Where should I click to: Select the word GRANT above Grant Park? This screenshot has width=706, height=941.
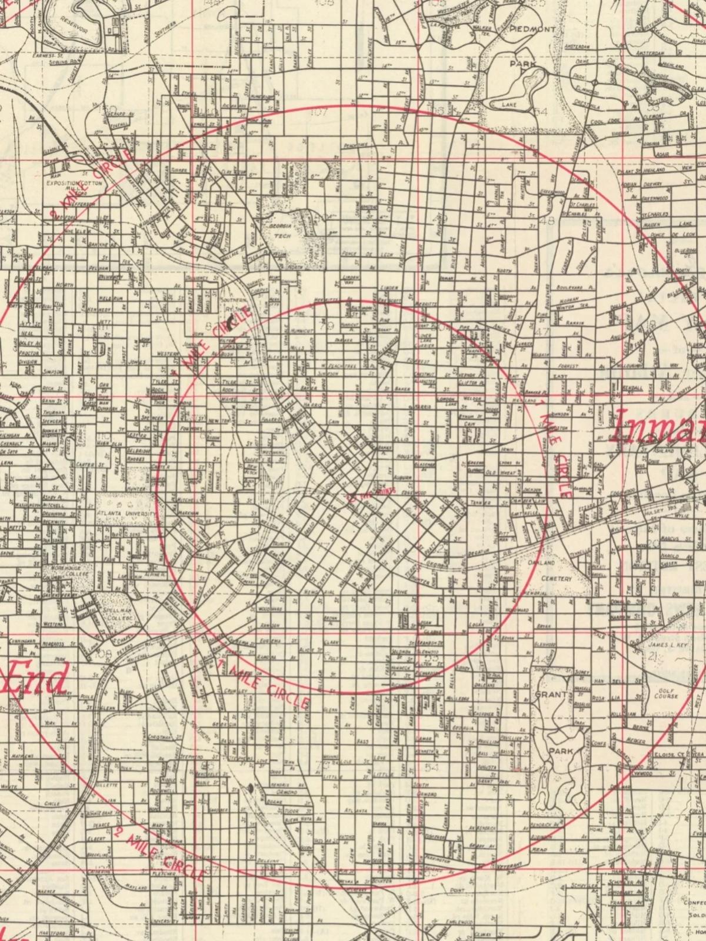(x=551, y=695)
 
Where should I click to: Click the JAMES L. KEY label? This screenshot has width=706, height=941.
(x=665, y=645)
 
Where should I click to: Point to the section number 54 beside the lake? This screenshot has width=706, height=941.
(x=542, y=111)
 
